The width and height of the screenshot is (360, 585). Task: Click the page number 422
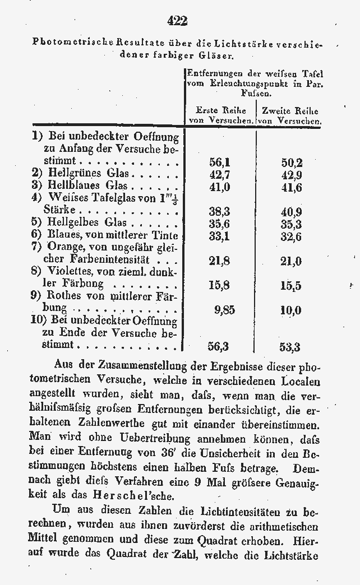177,21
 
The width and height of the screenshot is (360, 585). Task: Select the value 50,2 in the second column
291,162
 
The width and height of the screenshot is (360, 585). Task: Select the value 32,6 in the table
291,236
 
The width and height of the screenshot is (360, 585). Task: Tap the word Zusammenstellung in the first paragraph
137,364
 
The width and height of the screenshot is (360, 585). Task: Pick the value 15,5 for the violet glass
291,285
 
